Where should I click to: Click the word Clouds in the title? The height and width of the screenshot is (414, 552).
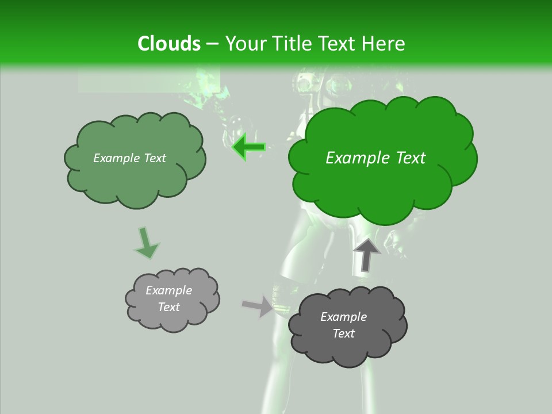[x=168, y=44]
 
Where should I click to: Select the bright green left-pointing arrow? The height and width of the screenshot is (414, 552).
[x=248, y=147]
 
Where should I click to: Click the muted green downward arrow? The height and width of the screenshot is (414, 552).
[x=146, y=243]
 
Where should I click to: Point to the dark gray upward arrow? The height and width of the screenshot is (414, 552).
[x=366, y=254]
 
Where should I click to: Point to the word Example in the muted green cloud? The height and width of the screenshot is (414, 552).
[x=116, y=158]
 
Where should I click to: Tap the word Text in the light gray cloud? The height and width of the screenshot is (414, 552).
[x=169, y=307]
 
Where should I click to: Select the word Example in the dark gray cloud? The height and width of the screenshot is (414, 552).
[x=343, y=317]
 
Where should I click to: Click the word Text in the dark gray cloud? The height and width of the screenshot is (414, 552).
[x=343, y=333]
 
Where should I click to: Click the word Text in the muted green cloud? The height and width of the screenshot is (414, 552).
[x=154, y=158]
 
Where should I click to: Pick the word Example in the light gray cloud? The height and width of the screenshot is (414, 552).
[x=169, y=290]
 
